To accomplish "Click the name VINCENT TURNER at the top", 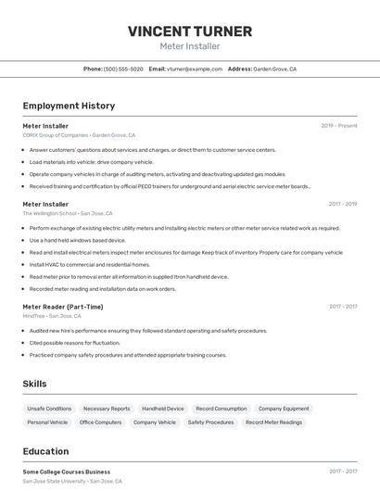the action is point(190,31).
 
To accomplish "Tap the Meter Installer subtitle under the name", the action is point(190,46).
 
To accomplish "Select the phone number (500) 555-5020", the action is point(123,69).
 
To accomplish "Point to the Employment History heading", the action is point(69,106).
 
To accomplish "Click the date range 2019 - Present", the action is point(339,125).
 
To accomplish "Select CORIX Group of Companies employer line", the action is point(79,134).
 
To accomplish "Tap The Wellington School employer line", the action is point(68,213).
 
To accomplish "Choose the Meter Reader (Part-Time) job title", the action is point(63,307).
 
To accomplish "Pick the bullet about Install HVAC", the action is point(89,264).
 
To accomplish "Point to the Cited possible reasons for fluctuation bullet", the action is point(74,343).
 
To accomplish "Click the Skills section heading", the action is point(35,384).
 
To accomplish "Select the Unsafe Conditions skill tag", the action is point(49,409).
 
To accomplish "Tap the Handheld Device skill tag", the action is point(162,409).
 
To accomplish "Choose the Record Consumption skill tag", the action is point(221,409).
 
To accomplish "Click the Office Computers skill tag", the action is point(100,422).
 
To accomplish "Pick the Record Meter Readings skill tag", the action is point(273,422).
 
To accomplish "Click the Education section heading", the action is point(45,451).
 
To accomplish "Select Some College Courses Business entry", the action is point(66,472).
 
